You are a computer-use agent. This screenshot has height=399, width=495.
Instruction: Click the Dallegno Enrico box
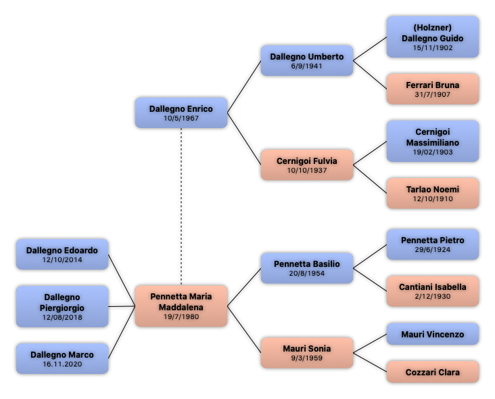181,112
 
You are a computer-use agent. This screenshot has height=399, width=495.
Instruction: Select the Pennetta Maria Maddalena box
181,306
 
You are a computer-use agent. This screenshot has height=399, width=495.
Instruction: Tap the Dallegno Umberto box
307,60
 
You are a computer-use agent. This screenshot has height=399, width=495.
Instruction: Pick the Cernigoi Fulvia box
307,165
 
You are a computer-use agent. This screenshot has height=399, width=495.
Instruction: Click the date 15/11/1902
433,47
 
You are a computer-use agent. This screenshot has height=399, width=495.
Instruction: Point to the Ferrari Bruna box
433,89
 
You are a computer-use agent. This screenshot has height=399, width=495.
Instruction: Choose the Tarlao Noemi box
433,193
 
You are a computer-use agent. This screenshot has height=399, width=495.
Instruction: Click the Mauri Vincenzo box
433,334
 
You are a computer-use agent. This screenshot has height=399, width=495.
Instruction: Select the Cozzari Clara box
433,372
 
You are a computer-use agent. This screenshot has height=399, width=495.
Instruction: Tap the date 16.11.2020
62,364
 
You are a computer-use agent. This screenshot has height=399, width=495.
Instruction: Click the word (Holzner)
433,28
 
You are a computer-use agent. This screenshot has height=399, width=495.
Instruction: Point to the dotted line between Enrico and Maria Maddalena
181,207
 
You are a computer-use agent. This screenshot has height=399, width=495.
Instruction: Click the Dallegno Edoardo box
62,254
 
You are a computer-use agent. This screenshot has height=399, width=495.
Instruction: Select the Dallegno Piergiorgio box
62,306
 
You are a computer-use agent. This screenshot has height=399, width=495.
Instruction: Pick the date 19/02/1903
433,152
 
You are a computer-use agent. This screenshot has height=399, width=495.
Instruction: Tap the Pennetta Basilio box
307,268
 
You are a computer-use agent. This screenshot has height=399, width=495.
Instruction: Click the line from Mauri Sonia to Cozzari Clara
370,362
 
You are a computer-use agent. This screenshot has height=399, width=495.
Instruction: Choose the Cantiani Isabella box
433,291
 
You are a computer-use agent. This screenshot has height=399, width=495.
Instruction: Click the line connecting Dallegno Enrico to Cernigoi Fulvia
244,139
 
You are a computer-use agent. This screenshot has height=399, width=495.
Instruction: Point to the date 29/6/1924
433,249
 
